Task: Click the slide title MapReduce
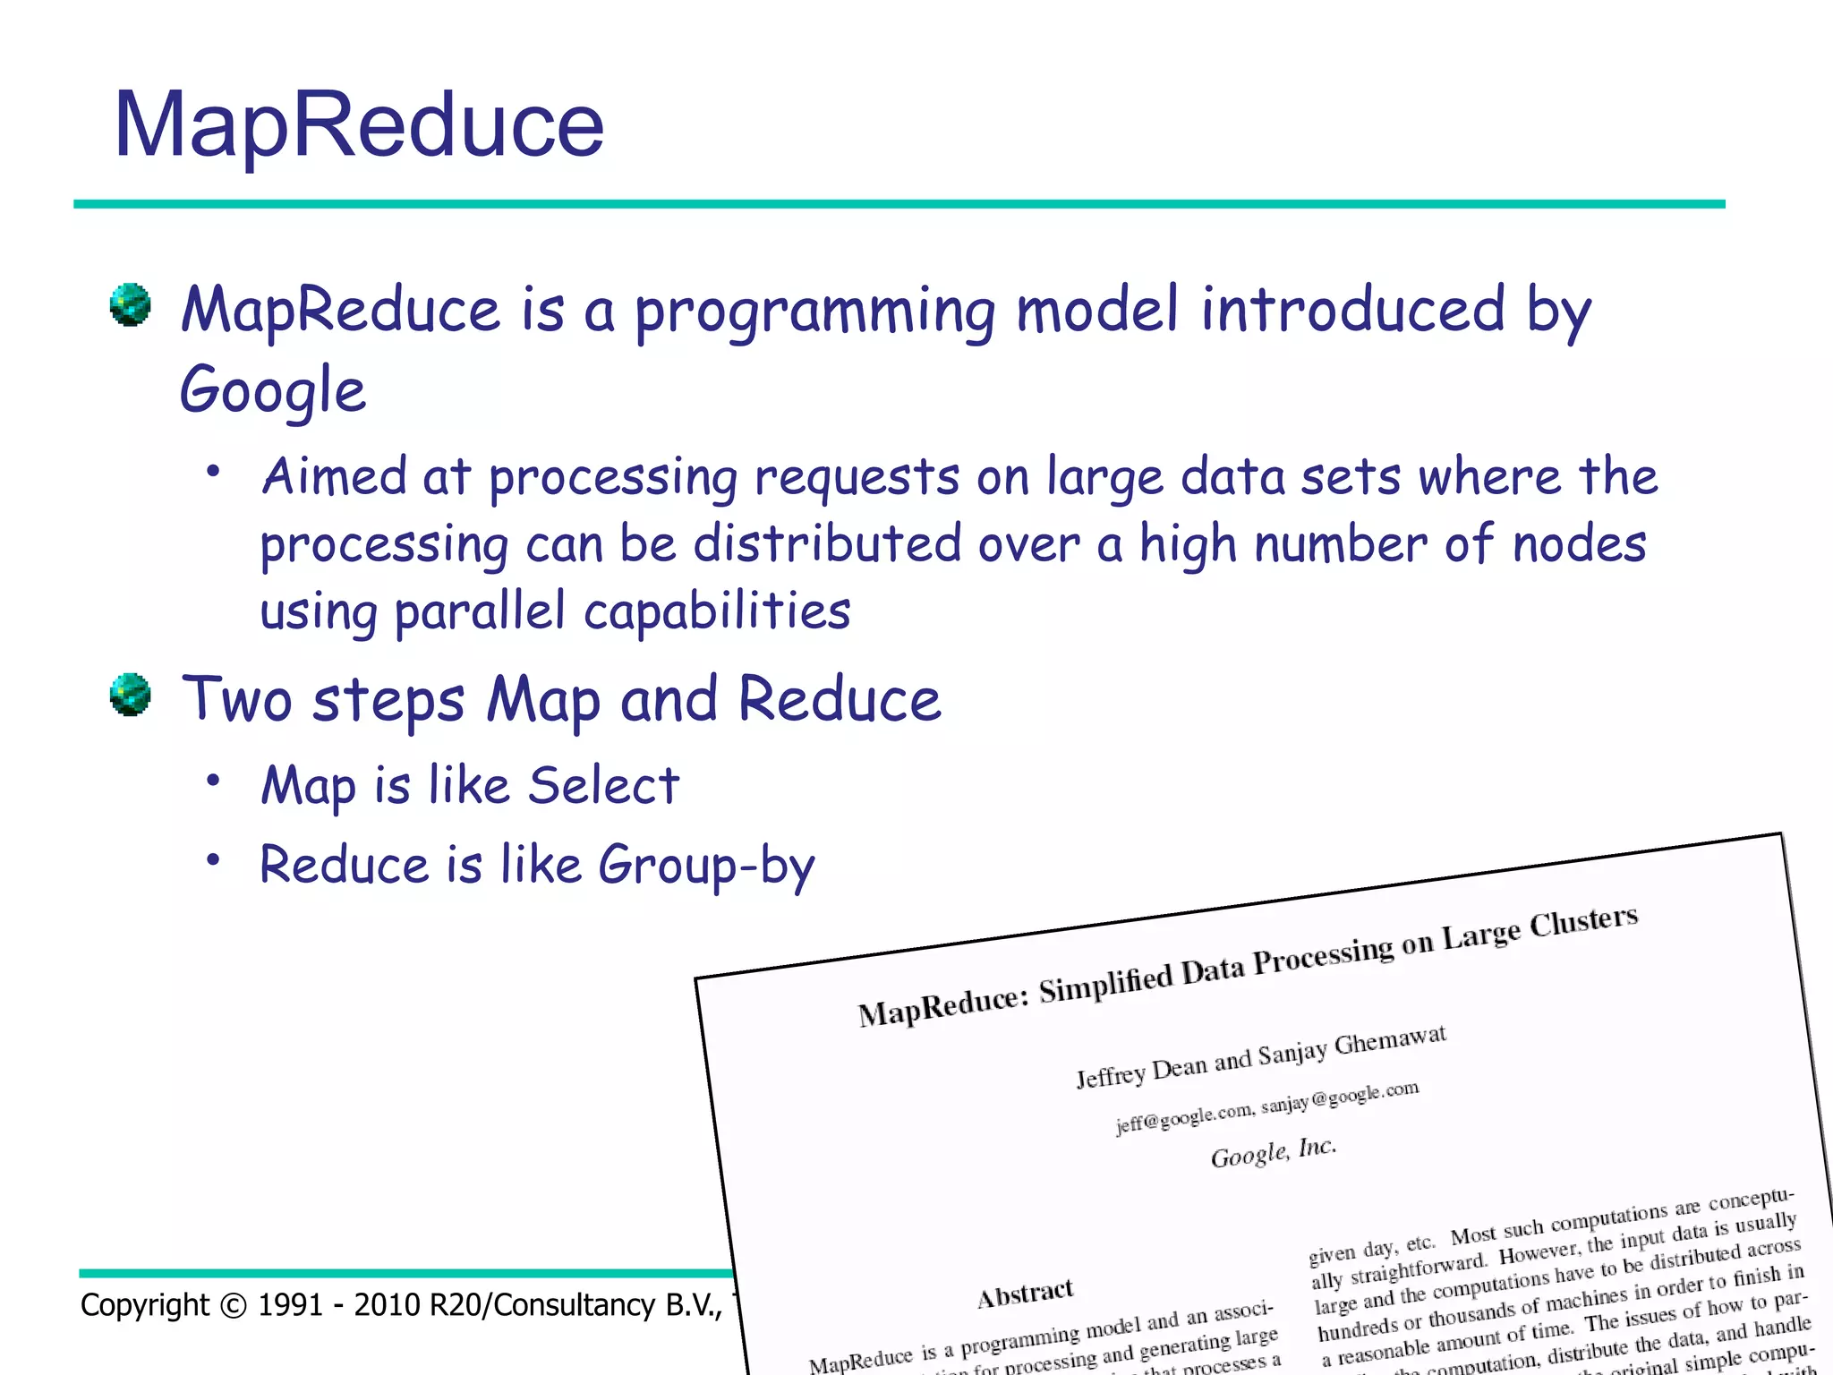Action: click(359, 125)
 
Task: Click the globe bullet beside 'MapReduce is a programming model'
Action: click(131, 305)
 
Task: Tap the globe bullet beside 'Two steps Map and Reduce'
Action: click(131, 695)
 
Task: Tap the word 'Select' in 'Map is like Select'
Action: click(603, 786)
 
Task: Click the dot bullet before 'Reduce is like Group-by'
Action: click(213, 860)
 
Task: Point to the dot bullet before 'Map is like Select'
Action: click(213, 781)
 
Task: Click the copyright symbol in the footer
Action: click(233, 1306)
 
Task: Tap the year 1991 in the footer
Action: click(291, 1306)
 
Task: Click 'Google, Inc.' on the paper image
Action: click(1274, 1153)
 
